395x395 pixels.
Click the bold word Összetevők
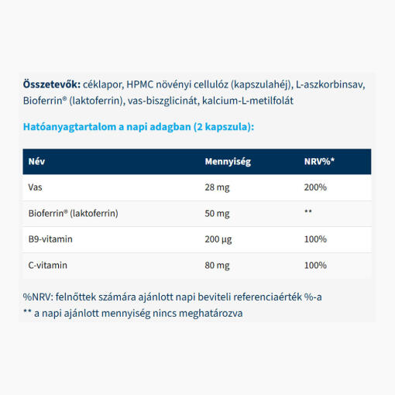click(x=49, y=84)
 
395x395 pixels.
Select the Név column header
click(x=36, y=162)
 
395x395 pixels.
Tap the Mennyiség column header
click(x=228, y=162)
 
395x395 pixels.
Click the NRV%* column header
click(x=319, y=162)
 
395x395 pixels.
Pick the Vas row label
click(x=36, y=187)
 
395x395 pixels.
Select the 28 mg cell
click(x=218, y=187)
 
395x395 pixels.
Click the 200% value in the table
click(x=315, y=187)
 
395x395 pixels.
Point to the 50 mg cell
click(x=218, y=213)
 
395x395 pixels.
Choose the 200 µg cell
click(x=220, y=239)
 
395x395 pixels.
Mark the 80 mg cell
click(x=218, y=265)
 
